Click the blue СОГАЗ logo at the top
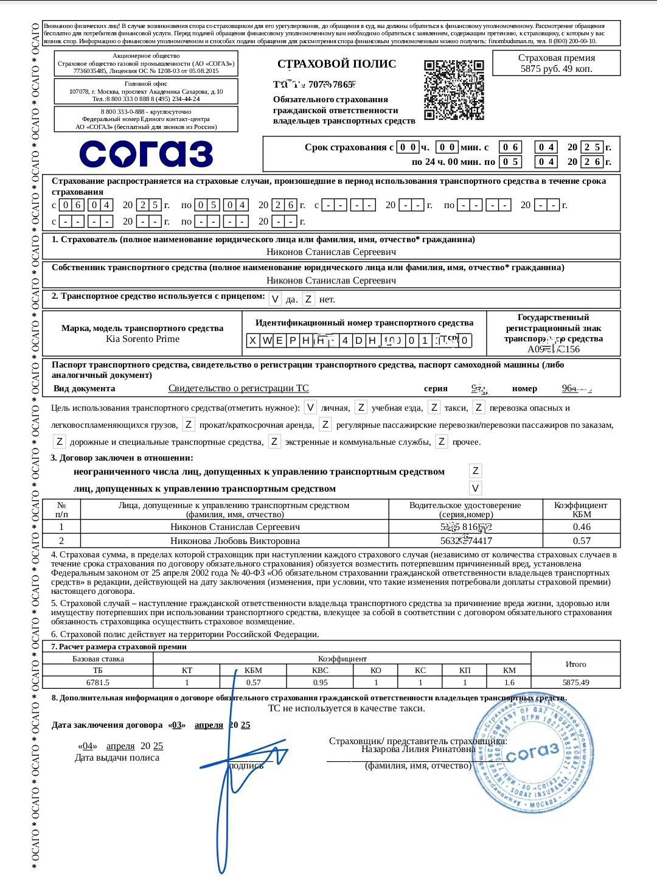pos(146,153)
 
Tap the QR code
pos(454,89)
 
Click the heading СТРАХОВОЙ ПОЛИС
pos(336,64)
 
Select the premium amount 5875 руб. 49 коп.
pos(556,69)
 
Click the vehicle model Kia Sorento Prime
pos(142,339)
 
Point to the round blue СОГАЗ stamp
pos(533,752)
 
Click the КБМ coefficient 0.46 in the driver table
pos(582,527)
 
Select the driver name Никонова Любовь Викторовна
pos(235,540)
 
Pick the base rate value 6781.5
pos(98,683)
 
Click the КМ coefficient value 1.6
pos(509,683)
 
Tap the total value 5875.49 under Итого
pos(575,683)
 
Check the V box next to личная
pos(310,408)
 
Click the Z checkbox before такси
pos(434,408)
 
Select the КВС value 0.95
pos(320,683)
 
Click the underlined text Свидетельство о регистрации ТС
pos(238,388)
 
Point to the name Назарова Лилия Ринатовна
pos(418,749)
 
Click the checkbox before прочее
pos(442,442)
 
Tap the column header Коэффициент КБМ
pos(582,509)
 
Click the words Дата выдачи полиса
pos(117,758)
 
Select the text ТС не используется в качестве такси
pos(347,708)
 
